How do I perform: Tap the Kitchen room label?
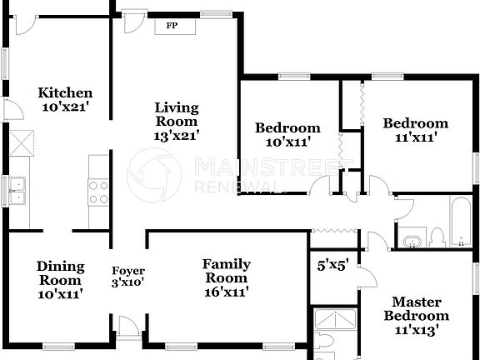(65, 92)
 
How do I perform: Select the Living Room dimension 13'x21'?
(177, 133)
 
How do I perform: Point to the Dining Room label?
(60, 273)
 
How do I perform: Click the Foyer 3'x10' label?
(128, 277)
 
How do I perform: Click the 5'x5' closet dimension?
(332, 267)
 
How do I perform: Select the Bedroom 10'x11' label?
(287, 134)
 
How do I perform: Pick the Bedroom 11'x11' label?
(415, 129)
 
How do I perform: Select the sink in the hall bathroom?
(410, 242)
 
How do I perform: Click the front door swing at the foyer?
(127, 327)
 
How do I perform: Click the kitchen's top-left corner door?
(23, 22)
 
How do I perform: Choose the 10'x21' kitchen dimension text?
(65, 107)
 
